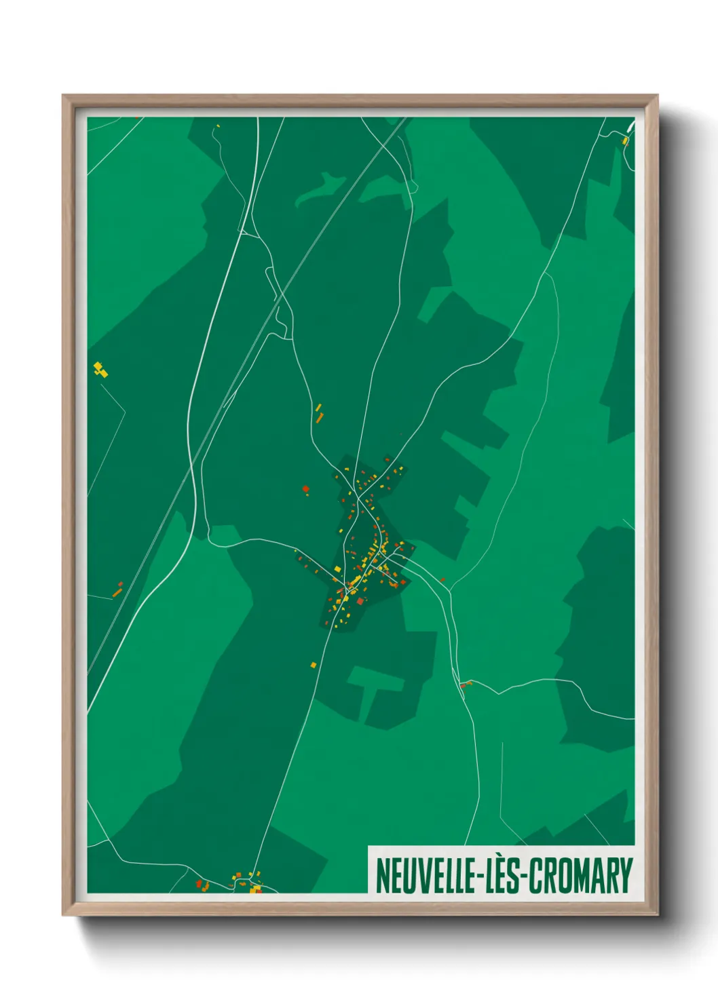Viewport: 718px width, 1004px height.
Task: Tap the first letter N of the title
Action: (x=382, y=876)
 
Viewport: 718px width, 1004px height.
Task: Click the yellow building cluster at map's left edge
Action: (x=100, y=369)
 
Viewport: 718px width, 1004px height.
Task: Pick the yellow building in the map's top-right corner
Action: (x=625, y=141)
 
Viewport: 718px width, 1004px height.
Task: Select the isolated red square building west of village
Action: (x=305, y=488)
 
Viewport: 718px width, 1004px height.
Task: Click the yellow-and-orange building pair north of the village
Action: (x=318, y=412)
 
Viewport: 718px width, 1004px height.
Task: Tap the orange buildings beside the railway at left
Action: (x=118, y=589)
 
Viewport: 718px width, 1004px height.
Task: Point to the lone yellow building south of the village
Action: (x=314, y=664)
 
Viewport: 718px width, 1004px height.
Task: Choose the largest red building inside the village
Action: (x=360, y=601)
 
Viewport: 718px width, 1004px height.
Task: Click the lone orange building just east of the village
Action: (x=442, y=579)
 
